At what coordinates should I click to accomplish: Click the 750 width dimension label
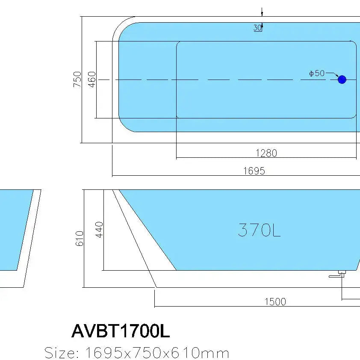(x=77, y=80)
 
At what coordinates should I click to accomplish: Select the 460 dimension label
(x=92, y=80)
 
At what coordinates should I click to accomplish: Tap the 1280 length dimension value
(x=266, y=153)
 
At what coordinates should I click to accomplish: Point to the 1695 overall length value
(x=254, y=171)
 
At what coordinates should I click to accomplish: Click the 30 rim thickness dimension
(x=257, y=28)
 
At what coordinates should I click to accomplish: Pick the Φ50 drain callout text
(x=317, y=74)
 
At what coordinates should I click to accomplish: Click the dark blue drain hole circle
(x=342, y=80)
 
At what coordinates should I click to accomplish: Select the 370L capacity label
(x=259, y=230)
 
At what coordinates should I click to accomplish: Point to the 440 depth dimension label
(x=99, y=230)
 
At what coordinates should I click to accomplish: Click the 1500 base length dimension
(x=275, y=301)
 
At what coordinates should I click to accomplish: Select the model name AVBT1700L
(x=121, y=330)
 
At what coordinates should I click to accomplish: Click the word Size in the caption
(x=62, y=353)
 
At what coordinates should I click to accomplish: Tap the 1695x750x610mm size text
(x=157, y=353)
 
